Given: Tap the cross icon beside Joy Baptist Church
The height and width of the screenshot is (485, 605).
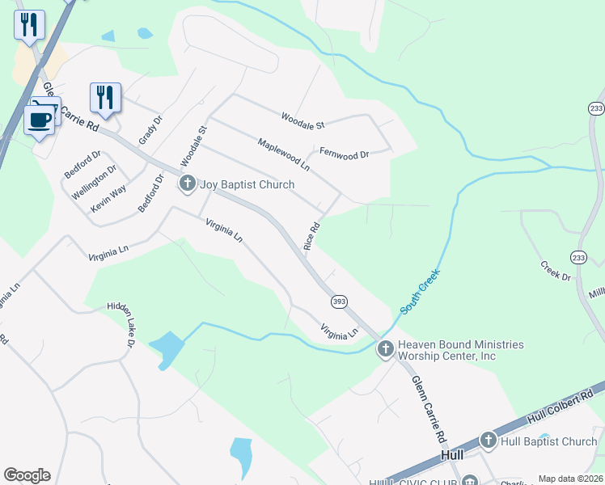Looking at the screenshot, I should tap(188, 184).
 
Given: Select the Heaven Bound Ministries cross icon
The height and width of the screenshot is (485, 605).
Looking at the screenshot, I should tap(385, 349).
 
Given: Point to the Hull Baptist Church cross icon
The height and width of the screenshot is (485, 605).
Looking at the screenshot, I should tap(488, 441).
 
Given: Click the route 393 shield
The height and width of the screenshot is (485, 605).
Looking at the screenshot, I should tap(339, 301).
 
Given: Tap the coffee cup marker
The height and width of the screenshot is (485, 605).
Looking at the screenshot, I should tap(40, 120).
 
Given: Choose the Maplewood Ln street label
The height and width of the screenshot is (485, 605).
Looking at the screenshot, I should tap(283, 154).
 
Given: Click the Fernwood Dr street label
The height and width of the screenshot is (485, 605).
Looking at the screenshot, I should tap(344, 152).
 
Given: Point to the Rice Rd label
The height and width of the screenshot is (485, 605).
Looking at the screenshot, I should tap(312, 235).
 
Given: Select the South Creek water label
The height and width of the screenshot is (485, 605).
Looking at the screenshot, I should tap(421, 292).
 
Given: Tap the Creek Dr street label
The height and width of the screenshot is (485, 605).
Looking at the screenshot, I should tap(555, 271).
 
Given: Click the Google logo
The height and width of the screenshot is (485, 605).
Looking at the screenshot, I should tap(27, 475).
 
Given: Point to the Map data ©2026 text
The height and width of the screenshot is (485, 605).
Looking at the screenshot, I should tap(570, 479).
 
